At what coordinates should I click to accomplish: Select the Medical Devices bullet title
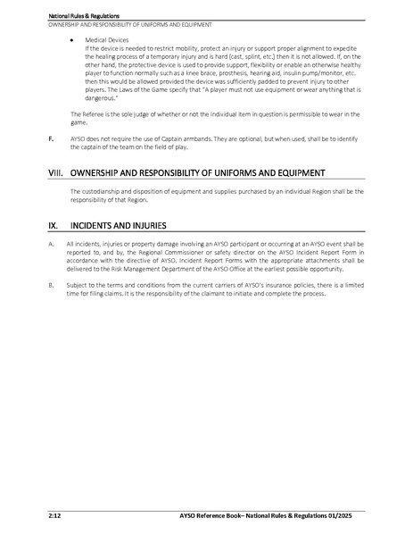[104, 40]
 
